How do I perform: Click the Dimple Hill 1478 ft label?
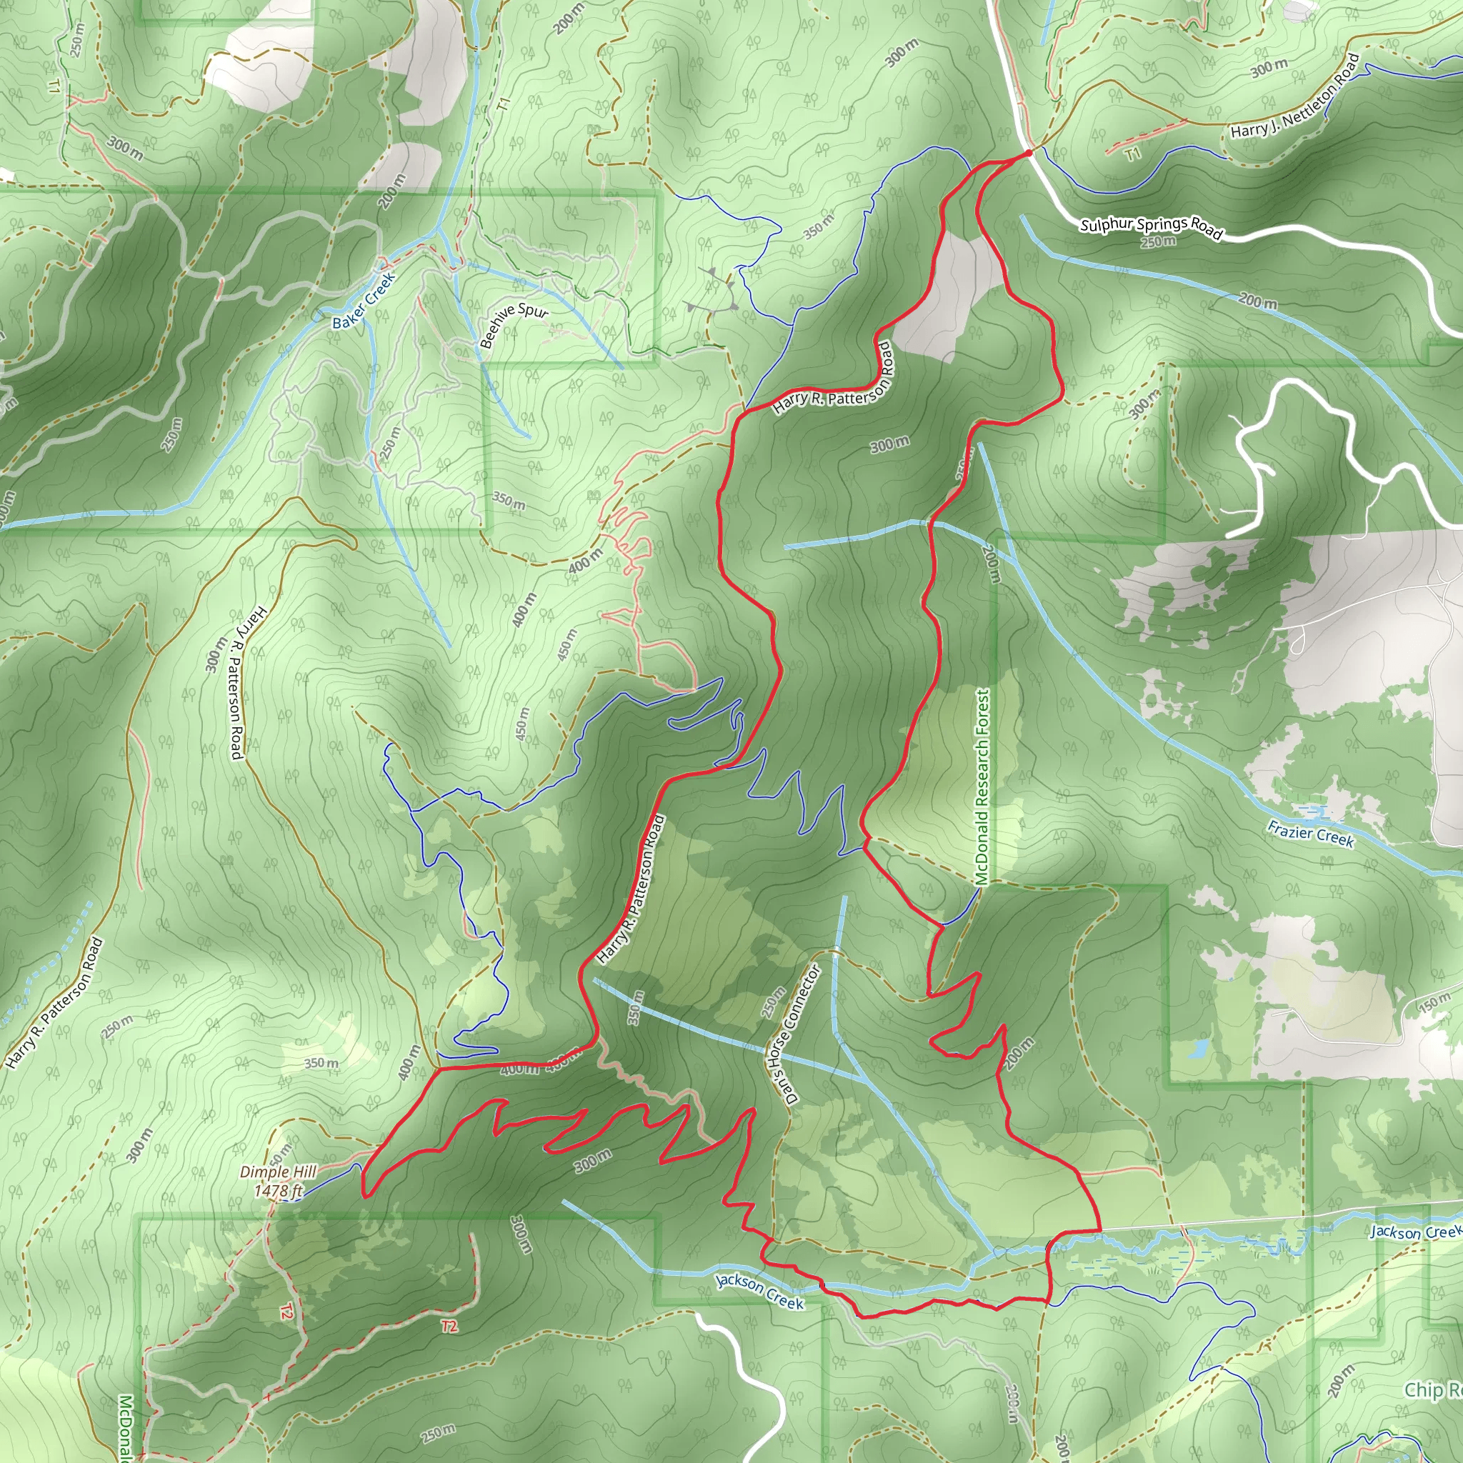(x=278, y=1182)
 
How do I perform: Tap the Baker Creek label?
(x=364, y=301)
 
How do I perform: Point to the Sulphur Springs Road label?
(x=1151, y=228)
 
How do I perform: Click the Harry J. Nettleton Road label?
(x=1296, y=96)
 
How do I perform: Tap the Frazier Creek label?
(x=1311, y=834)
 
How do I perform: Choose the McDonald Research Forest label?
(x=982, y=787)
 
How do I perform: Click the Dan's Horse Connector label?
(x=793, y=1034)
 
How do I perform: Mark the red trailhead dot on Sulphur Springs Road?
(x=1027, y=154)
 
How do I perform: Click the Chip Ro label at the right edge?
(x=1433, y=1389)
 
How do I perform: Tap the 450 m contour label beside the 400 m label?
(x=566, y=644)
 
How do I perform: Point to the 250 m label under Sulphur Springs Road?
(x=1159, y=242)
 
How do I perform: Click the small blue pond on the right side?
(x=1199, y=1049)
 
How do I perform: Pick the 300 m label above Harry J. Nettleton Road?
(x=1269, y=69)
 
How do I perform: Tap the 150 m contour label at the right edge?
(x=1434, y=1004)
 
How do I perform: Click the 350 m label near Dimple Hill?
(x=321, y=1063)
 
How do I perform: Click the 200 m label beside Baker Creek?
(x=392, y=192)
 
